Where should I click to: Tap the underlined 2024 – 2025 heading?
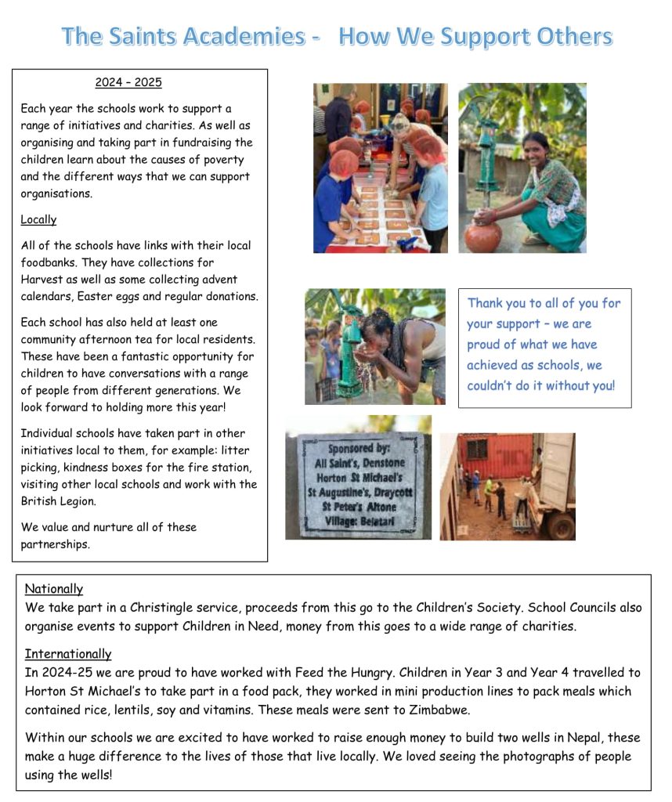[x=128, y=82]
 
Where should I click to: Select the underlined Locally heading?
[x=38, y=219]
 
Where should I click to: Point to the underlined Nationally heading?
[x=54, y=589]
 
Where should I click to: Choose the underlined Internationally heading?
[x=68, y=653]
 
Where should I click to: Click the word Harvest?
[x=43, y=280]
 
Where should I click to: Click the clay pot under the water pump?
[x=484, y=235]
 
